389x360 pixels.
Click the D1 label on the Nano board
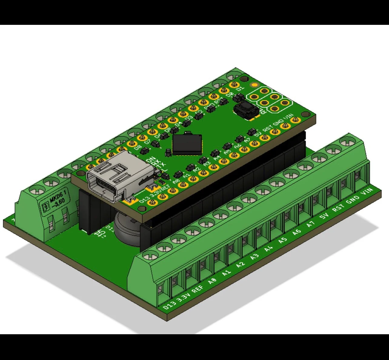click(240, 88)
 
